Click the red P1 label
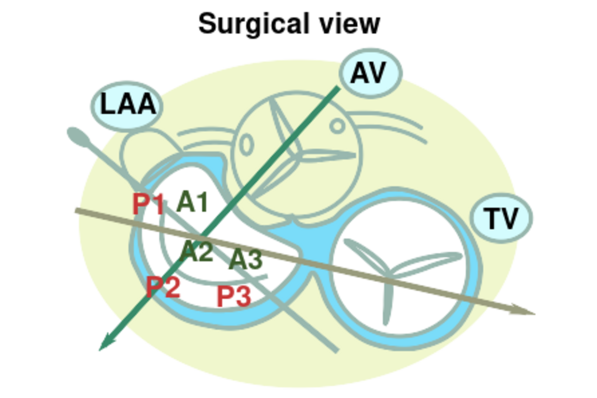pyautogui.click(x=148, y=204)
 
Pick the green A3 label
pyautogui.click(x=245, y=259)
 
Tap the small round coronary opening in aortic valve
pyautogui.click(x=337, y=126)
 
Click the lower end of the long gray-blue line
pyautogui.click(x=337, y=351)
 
